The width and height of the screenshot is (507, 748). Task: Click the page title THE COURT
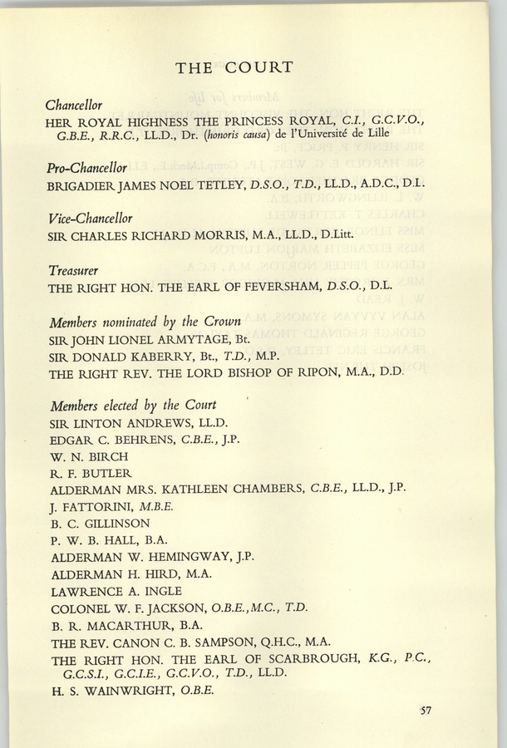[x=234, y=68]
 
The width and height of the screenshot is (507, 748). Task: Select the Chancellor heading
[x=74, y=106]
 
